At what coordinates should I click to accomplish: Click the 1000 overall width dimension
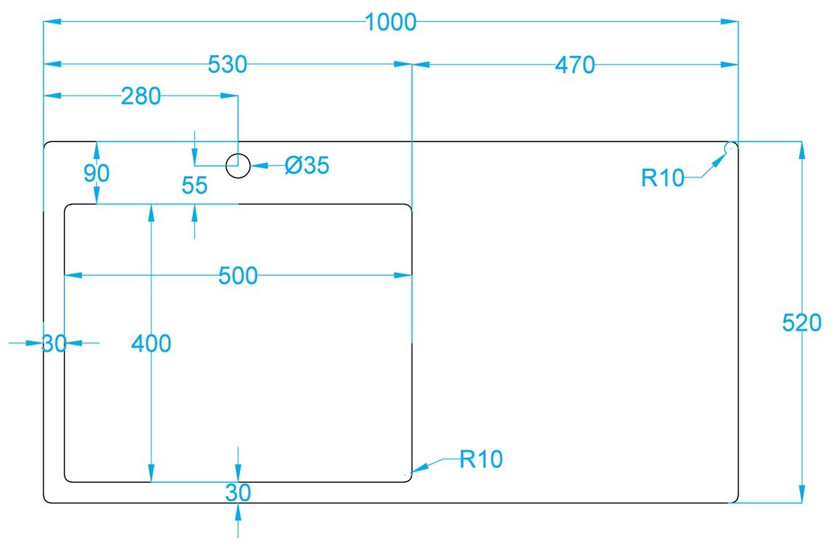(391, 22)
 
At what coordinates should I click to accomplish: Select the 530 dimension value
(227, 64)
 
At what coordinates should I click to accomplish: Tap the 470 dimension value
(575, 65)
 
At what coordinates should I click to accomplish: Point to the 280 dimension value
(141, 96)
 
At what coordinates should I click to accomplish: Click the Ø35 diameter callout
(307, 165)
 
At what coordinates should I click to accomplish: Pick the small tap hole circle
(238, 166)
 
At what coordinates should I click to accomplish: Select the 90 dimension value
(96, 173)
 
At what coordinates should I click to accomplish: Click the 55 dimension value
(194, 185)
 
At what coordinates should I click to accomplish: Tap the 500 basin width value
(238, 276)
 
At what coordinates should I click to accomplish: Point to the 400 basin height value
(152, 344)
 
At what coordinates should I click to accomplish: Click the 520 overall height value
(801, 322)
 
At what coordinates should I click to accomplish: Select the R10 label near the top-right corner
(662, 178)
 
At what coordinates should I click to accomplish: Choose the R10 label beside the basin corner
(481, 459)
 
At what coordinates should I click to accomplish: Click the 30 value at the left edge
(54, 344)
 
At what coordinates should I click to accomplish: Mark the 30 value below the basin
(238, 493)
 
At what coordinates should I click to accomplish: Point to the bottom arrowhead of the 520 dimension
(801, 494)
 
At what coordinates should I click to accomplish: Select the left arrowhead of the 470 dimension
(421, 65)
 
